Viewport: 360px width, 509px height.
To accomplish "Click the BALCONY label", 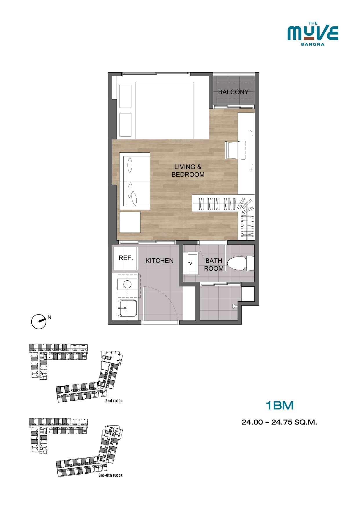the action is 233,92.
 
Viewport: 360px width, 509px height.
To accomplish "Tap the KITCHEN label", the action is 160,261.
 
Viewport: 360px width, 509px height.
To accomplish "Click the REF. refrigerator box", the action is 125,258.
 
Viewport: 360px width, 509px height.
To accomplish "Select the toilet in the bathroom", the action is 241,263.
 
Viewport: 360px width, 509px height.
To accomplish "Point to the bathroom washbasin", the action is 190,263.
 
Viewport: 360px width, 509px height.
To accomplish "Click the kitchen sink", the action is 127,308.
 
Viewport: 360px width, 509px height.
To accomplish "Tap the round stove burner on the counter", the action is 127,284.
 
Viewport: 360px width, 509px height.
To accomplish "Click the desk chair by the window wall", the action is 236,150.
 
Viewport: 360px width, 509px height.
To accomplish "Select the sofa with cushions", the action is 135,181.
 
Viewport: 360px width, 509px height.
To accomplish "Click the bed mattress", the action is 164,110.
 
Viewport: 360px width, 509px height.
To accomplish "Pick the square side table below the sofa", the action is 130,222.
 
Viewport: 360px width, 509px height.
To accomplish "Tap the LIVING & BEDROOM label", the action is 188,171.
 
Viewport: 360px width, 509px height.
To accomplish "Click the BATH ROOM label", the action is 214,265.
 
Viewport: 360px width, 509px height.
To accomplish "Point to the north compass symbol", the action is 39,321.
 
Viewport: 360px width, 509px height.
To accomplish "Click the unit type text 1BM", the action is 280,405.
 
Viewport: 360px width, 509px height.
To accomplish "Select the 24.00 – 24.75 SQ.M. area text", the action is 279,422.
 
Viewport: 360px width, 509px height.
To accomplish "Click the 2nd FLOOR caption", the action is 114,401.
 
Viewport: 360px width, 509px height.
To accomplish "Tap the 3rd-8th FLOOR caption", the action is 111,475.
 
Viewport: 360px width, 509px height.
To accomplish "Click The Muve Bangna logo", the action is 313,34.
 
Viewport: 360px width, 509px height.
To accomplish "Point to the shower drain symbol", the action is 234,306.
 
